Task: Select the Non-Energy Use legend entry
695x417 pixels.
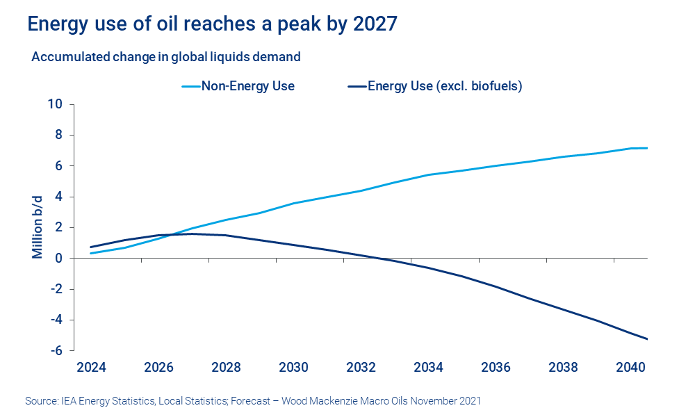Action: (238, 86)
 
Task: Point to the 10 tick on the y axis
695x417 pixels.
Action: (55, 104)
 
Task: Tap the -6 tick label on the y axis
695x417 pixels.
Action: (56, 350)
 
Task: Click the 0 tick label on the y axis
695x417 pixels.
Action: (59, 258)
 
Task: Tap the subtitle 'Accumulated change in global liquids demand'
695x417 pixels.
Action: (166, 56)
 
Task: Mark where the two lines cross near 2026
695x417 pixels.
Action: (172, 235)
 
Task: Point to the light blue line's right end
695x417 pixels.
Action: (647, 148)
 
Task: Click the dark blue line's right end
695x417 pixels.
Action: (647, 339)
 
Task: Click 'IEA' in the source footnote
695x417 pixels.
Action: (66, 401)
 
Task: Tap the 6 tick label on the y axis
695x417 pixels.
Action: (59, 165)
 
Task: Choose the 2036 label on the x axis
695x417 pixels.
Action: (496, 367)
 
